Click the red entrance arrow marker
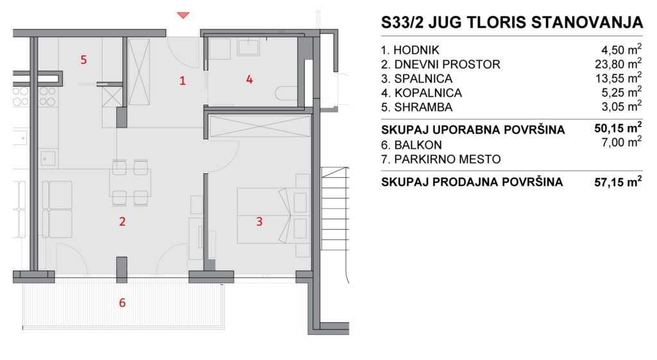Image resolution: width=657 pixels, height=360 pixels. (183, 15)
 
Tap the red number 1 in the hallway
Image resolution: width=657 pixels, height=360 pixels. (182, 80)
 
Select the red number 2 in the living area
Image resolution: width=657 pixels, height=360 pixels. (123, 221)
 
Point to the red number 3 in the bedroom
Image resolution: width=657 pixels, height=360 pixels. (259, 221)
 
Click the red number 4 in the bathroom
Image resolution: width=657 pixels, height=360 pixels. (250, 79)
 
